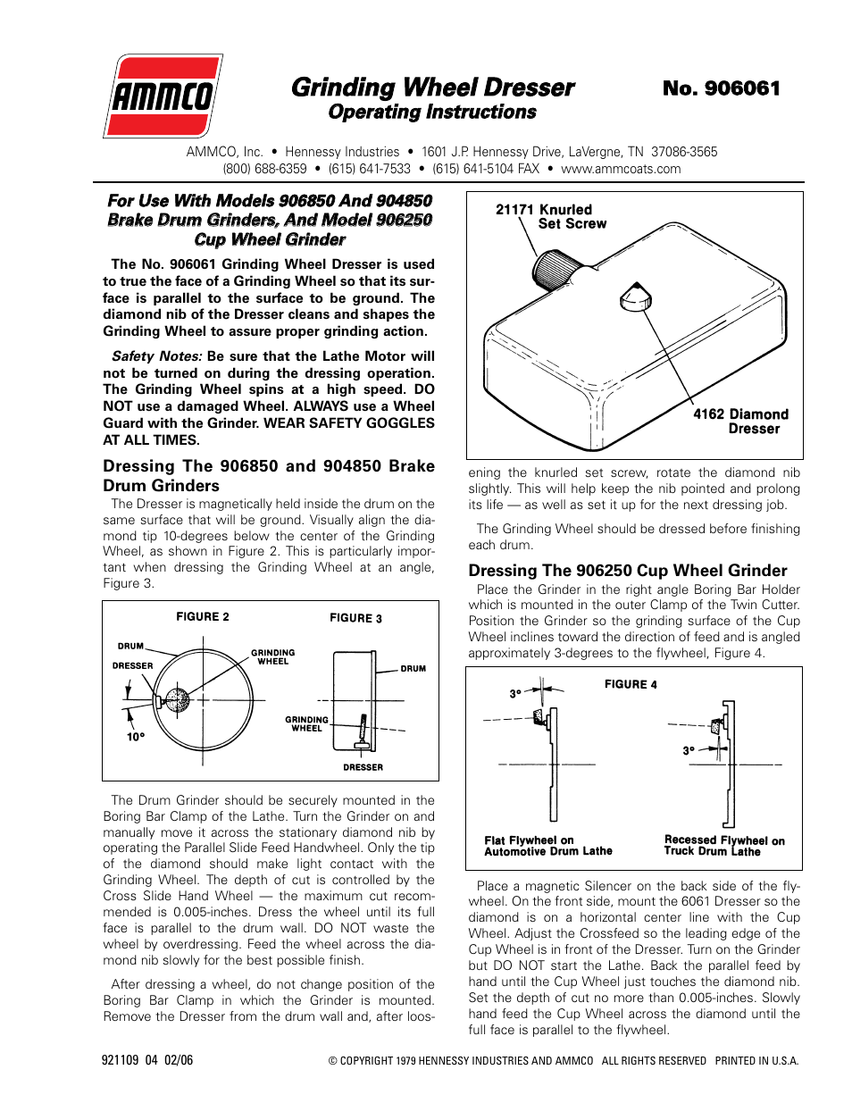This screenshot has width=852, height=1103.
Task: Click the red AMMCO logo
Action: coord(163,96)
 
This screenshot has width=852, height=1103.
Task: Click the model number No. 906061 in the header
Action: coord(721,88)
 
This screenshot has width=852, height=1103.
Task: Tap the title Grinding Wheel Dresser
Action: coord(432,88)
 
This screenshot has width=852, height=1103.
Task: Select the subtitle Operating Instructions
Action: coord(432,113)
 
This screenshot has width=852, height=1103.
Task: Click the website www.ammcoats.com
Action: coord(621,169)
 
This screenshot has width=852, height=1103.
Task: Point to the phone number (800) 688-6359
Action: coord(264,169)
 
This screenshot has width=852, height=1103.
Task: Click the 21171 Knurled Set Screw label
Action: coord(551,216)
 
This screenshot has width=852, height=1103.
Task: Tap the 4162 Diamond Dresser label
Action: coord(740,421)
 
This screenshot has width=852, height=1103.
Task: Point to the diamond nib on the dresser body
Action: coord(635,297)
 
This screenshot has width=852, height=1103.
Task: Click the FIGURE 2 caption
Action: coord(203,617)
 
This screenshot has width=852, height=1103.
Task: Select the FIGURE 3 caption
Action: coord(355,618)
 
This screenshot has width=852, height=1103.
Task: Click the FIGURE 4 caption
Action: coord(631,684)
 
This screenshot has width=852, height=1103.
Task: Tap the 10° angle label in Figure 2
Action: coord(135,737)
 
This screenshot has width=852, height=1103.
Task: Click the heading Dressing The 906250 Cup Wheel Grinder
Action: coord(628,571)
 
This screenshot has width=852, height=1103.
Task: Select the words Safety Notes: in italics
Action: coord(157,356)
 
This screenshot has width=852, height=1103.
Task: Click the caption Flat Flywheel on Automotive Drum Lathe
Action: coord(548,846)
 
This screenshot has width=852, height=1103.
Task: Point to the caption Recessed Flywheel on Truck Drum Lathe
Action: coord(724,846)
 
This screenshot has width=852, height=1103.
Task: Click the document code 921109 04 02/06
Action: coord(147,1060)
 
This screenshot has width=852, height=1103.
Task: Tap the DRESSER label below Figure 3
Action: coord(363,767)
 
